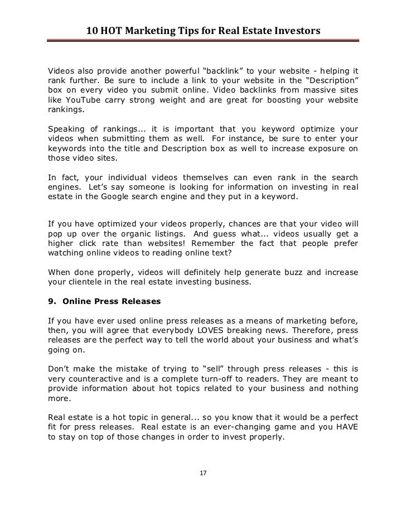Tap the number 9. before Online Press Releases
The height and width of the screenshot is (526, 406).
click(54, 301)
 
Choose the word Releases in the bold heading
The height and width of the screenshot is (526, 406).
click(141, 301)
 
